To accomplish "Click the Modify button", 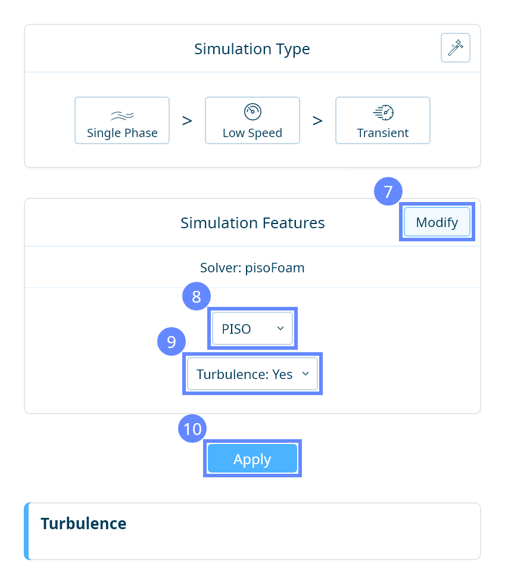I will (x=437, y=222).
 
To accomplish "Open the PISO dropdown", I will (x=253, y=328).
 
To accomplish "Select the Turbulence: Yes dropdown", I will (x=253, y=374).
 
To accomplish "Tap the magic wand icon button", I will (x=456, y=48).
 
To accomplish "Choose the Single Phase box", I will (x=122, y=120).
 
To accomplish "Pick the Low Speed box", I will (x=253, y=120).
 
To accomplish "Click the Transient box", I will (x=383, y=120).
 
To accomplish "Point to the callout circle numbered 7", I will (x=388, y=192).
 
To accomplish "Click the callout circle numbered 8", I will (x=197, y=296).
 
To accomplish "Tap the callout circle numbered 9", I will (x=172, y=341).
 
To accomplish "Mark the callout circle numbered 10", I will (x=193, y=429).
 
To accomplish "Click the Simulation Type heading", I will (x=252, y=48).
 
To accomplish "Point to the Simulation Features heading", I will (x=253, y=223).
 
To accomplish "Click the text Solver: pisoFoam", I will (x=253, y=268).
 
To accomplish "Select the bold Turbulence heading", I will (x=83, y=523).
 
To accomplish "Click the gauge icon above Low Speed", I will (x=253, y=111).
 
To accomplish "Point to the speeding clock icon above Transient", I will (x=383, y=111).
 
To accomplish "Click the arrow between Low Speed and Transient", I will (x=317, y=120).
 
